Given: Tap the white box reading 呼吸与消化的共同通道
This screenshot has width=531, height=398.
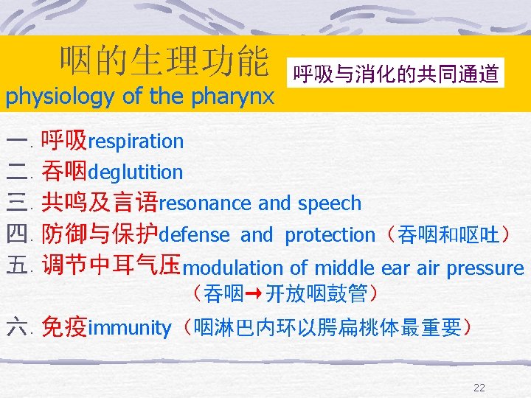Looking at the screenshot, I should pos(396,74).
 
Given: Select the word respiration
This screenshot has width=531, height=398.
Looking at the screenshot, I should pos(135,141).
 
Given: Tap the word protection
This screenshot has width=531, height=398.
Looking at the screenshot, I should pos(330,235).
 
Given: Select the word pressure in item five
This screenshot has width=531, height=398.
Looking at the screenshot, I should pos(487,268).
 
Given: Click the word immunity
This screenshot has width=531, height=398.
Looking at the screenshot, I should pos(129,328).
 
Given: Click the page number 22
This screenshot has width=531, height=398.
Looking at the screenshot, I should pos(479,388).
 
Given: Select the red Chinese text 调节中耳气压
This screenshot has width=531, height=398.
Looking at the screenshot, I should pos(111,265).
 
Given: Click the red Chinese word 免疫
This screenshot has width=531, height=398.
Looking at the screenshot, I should pos(64,327).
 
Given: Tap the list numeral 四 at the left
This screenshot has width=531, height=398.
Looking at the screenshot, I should pos(15,236).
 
